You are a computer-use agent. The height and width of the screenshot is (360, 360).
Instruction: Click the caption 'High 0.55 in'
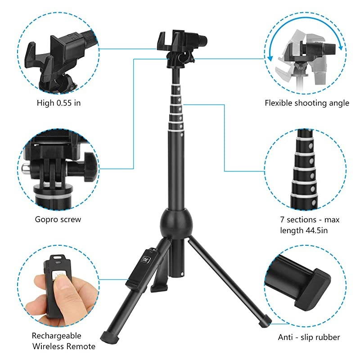coord(58,103)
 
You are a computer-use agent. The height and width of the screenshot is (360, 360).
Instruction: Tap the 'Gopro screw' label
coord(58,220)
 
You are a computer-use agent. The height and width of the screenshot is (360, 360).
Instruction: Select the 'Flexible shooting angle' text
coord(306,103)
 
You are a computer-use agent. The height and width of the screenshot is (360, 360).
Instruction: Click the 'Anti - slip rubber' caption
coord(308,337)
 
